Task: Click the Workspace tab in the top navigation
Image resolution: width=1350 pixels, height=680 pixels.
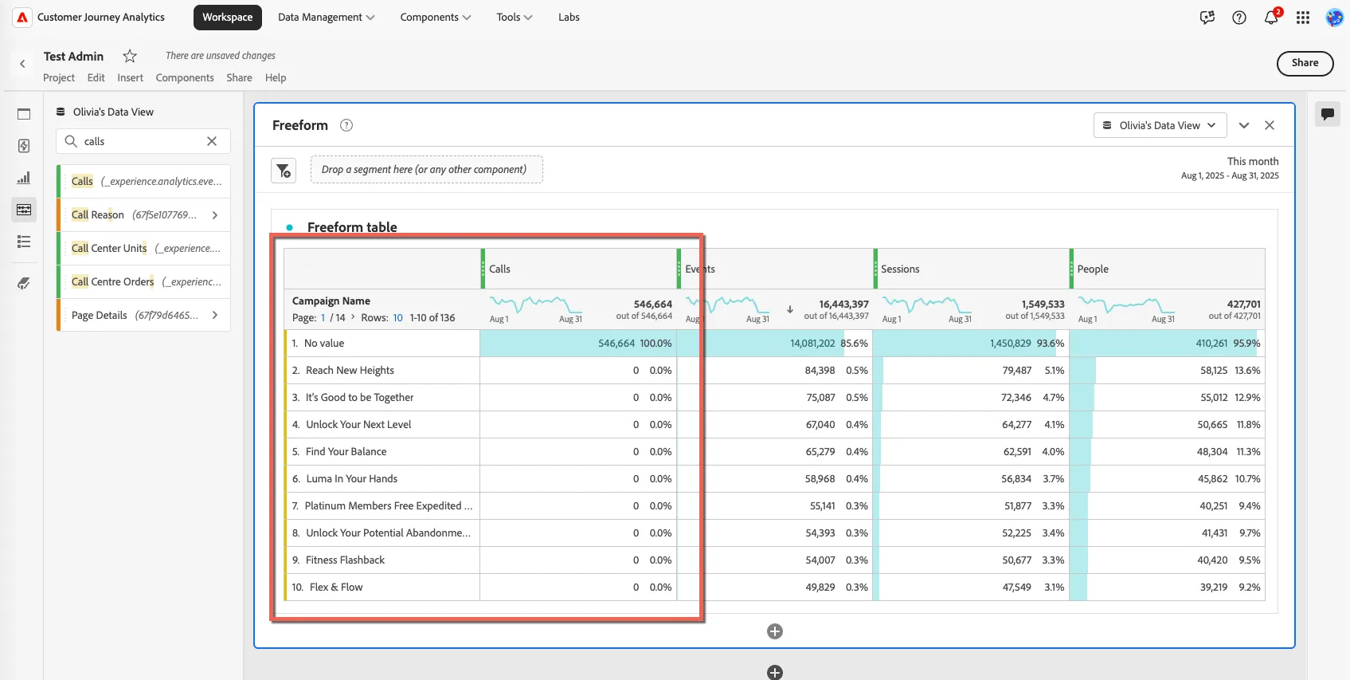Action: click(227, 17)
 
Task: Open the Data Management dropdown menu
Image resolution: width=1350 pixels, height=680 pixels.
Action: click(326, 17)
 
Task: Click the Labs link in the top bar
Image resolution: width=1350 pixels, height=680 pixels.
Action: click(569, 17)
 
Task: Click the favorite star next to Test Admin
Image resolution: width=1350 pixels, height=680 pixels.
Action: click(130, 56)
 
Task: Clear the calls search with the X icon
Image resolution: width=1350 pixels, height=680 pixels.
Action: click(212, 141)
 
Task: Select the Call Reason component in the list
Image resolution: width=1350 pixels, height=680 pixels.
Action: click(98, 214)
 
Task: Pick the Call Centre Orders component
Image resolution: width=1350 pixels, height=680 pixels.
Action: click(113, 281)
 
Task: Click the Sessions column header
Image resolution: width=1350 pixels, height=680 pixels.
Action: click(900, 269)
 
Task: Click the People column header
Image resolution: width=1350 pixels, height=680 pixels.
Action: click(1093, 269)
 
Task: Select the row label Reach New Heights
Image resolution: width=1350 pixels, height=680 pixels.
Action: click(350, 371)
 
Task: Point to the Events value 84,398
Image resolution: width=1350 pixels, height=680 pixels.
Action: click(820, 371)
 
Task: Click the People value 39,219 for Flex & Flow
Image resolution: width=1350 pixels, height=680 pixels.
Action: click(1213, 587)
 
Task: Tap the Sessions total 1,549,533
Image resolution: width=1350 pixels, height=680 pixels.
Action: click(1043, 304)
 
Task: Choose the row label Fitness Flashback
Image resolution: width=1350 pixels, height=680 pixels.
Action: click(345, 560)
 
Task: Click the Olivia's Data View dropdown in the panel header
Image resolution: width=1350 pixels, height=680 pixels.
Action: click(1160, 125)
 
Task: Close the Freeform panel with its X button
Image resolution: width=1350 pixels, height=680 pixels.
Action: click(1270, 125)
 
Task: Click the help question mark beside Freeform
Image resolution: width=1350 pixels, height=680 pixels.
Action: click(346, 125)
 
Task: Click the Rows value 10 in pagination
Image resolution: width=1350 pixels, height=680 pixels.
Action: click(397, 318)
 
